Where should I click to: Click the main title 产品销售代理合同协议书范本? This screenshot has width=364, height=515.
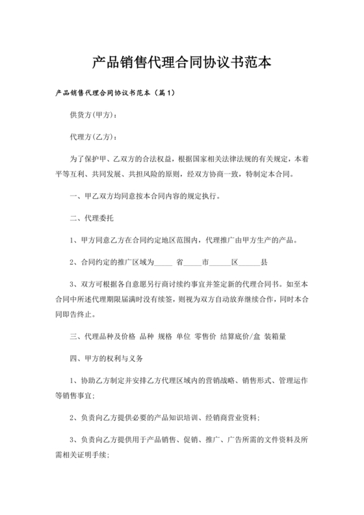(181, 63)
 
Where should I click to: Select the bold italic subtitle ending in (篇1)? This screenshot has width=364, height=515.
(116, 94)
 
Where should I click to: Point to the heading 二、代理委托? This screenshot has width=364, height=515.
(92, 218)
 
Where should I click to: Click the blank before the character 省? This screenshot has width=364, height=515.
(164, 263)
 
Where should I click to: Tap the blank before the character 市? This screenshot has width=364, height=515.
(193, 263)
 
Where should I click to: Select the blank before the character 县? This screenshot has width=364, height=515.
(252, 263)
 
